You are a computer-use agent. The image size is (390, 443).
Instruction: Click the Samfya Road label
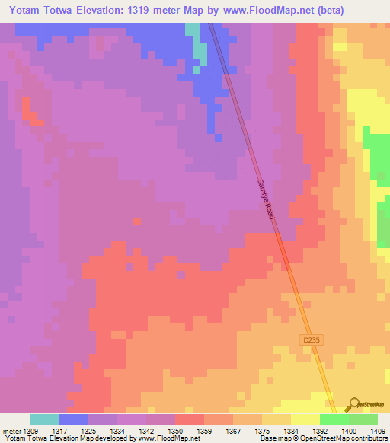click(264, 199)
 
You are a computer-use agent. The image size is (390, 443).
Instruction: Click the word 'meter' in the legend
click(11, 432)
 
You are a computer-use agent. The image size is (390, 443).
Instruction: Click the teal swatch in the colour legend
click(45, 419)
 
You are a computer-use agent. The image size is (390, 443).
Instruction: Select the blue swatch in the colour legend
click(74, 419)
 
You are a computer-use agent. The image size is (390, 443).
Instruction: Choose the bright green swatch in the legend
click(334, 419)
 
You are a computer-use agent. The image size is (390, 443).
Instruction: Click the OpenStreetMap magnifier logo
click(353, 404)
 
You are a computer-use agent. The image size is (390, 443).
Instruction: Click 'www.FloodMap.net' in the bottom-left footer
click(167, 439)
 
